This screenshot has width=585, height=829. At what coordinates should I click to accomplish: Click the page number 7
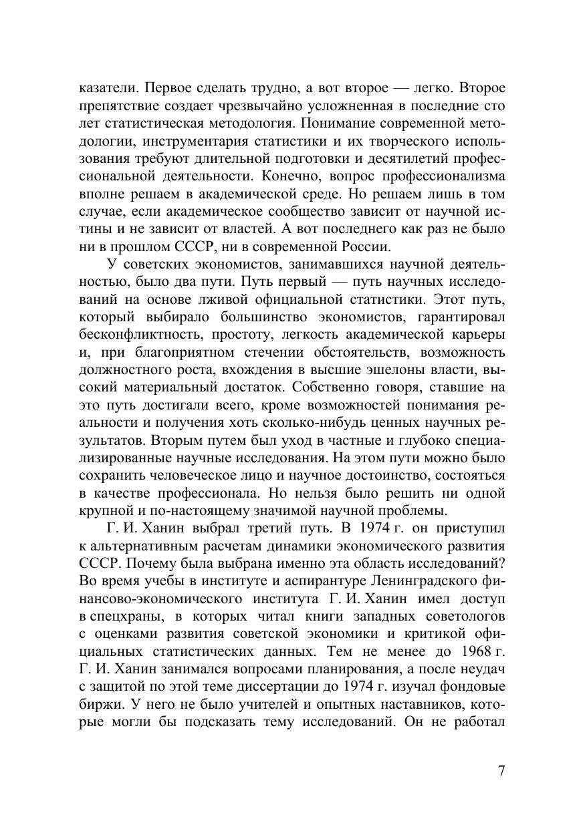click(501, 770)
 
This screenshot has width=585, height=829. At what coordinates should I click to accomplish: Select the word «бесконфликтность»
click(136, 333)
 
